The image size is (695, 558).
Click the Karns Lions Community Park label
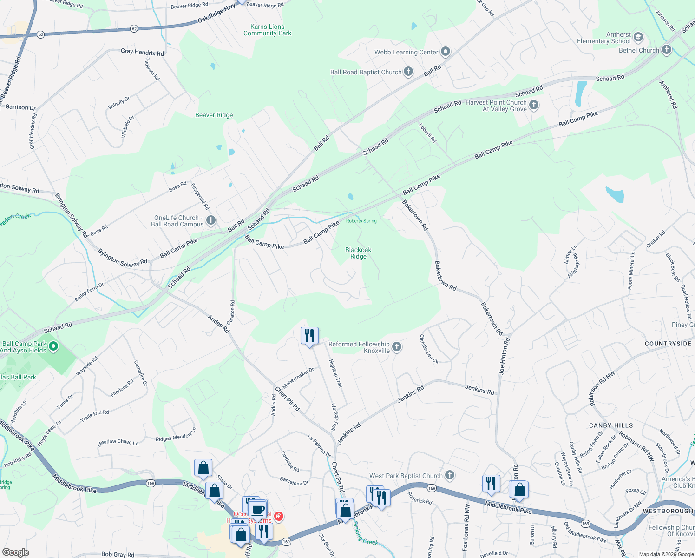(x=267, y=30)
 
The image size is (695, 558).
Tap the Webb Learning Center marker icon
(x=446, y=52)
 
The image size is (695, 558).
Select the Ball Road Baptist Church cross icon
(x=408, y=72)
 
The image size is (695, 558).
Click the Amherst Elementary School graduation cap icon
(x=638, y=37)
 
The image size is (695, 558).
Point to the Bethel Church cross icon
(x=667, y=50)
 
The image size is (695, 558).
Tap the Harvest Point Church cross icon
(x=534, y=105)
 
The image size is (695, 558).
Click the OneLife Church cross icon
(x=211, y=220)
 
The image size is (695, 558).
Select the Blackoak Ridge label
(x=358, y=253)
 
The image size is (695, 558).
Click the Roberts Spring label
(x=361, y=221)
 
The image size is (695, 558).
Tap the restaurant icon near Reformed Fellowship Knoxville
(x=309, y=335)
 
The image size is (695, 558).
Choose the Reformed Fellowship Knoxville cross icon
(x=397, y=347)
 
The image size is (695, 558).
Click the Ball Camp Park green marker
(x=53, y=346)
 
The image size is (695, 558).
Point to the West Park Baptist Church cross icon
(x=449, y=475)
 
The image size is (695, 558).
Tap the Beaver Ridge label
(x=214, y=115)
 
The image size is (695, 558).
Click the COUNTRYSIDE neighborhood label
(x=668, y=344)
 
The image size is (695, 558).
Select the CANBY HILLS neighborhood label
(x=610, y=425)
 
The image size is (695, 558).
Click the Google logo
(x=15, y=552)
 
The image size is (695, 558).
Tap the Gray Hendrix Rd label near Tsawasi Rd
(x=142, y=52)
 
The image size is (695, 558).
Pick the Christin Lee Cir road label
(x=429, y=349)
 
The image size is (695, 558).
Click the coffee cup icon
(x=257, y=509)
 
